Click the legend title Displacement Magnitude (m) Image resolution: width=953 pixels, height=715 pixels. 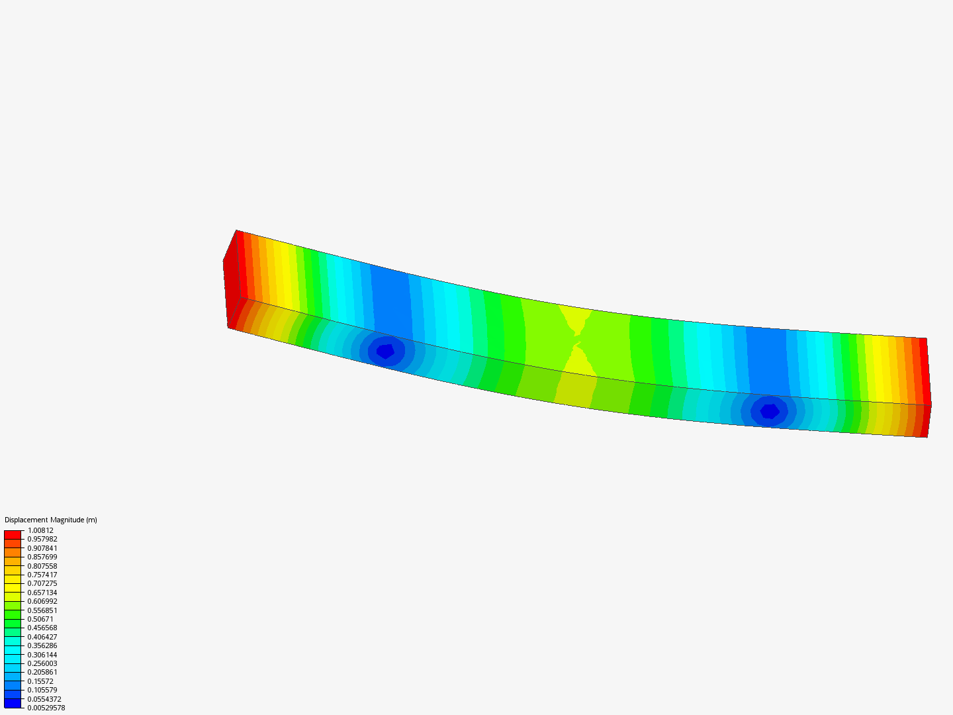(51, 520)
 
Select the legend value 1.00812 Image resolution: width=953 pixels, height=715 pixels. (40, 530)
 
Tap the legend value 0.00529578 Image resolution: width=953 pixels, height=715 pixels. (46, 708)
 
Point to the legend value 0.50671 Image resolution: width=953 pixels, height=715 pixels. (40, 619)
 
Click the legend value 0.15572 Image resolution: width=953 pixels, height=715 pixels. (40, 681)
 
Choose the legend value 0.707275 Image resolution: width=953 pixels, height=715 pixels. (42, 583)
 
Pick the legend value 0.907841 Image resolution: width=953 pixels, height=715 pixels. (42, 548)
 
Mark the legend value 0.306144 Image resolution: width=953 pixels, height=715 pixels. (42, 655)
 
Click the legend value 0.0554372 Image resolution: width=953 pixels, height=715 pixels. (44, 699)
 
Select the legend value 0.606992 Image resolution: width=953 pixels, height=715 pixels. (42, 601)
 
